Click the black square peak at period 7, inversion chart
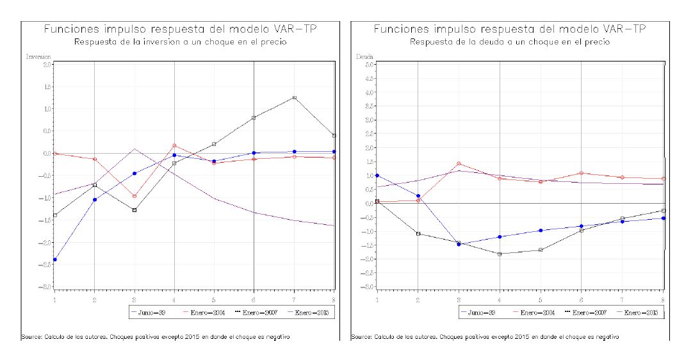pos(294,97)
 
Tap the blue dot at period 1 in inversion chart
pos(55,259)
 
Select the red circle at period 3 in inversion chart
pos(135,196)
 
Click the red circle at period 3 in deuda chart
pos(459,163)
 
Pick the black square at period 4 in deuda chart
pos(500,254)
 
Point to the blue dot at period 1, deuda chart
pos(377,176)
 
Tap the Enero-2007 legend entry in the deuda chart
pos(589,312)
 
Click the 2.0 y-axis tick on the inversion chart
pos(47,65)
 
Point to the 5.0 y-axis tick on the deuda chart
pos(368,65)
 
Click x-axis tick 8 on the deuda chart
pos(662,299)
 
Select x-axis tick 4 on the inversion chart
pos(174,299)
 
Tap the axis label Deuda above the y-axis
pos(364,57)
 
